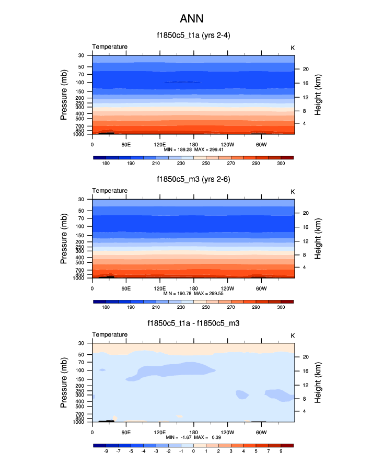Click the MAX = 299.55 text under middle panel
coord(209,293)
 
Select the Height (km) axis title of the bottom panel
coord(318,382)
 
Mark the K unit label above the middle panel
coord(293,191)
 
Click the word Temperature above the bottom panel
coord(110,334)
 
